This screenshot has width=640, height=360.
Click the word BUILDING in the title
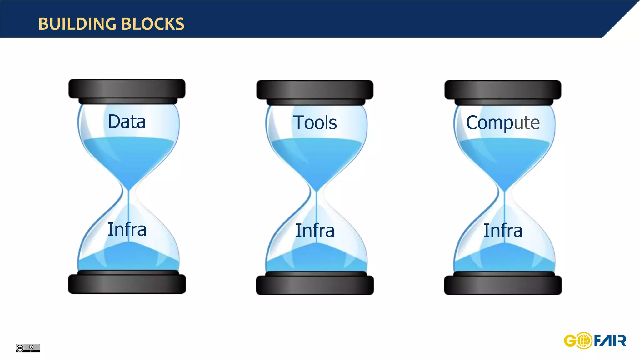[x=77, y=24]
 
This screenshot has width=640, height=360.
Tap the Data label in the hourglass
[x=127, y=122]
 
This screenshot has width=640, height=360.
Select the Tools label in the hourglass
[x=315, y=122]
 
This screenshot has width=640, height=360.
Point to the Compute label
[x=503, y=123]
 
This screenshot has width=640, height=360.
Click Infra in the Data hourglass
[x=127, y=230]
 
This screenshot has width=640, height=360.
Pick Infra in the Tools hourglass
[x=315, y=231]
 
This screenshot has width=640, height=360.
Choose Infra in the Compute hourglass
[x=503, y=231]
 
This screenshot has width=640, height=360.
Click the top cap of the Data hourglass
[x=127, y=89]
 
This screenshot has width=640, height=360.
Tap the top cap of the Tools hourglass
[x=315, y=90]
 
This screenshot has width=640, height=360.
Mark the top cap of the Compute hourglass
[x=503, y=90]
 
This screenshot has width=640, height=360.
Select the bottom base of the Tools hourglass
[x=315, y=285]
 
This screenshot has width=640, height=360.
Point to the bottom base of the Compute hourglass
[x=503, y=285]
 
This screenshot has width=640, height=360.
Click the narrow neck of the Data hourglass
[x=128, y=191]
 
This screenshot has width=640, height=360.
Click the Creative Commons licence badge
[x=28, y=348]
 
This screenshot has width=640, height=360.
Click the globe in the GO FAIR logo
[x=583, y=341]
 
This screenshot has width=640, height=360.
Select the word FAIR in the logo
[x=610, y=341]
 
